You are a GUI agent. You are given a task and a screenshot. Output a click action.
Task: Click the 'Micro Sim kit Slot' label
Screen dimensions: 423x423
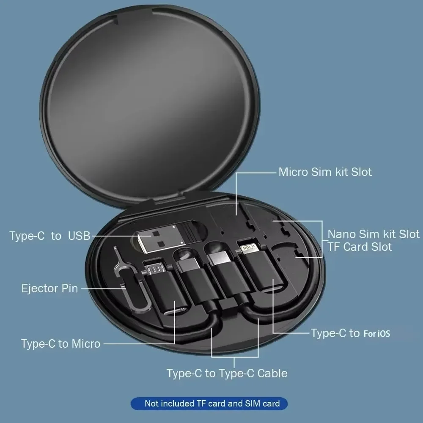pos(325,172)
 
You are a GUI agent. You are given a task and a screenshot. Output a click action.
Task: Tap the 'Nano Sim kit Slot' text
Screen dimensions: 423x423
pos(374,234)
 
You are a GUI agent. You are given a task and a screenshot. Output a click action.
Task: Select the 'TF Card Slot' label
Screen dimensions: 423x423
pos(360,247)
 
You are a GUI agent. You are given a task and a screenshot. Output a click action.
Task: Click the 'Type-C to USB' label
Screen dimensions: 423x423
pos(50,236)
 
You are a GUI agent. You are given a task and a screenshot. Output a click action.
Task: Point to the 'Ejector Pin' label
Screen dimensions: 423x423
pos(49,288)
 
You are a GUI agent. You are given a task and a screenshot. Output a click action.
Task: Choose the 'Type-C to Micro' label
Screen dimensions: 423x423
pos(60,343)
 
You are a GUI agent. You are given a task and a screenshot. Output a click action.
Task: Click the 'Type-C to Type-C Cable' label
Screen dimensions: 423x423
pos(227,373)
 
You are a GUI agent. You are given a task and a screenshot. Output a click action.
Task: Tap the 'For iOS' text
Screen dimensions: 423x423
pos(376,334)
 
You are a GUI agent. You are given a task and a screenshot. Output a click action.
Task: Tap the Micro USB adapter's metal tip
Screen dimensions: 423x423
pos(154,268)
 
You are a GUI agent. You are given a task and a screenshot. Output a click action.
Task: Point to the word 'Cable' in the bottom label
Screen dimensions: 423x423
pos(272,373)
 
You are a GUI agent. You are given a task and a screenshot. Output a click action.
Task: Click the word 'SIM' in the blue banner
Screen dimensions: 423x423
pos(253,404)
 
